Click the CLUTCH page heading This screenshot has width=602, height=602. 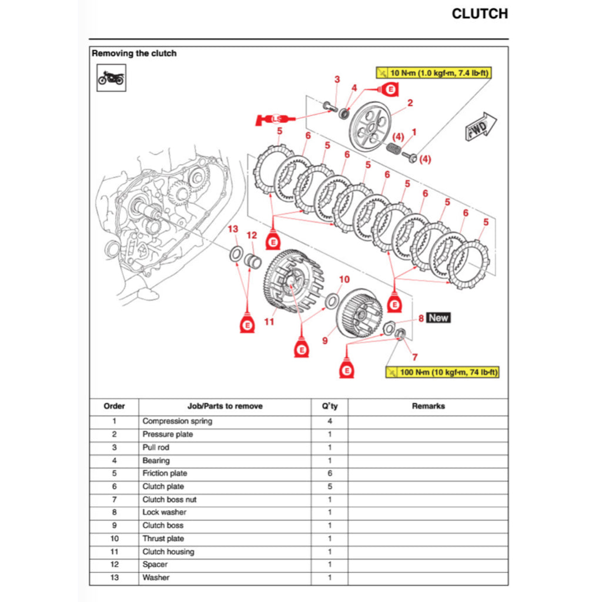pyautogui.click(x=479, y=14)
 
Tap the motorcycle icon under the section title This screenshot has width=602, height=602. pyautogui.click(x=111, y=78)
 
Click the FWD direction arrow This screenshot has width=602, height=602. pyautogui.click(x=481, y=127)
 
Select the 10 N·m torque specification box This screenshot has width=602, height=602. pyautogui.click(x=433, y=73)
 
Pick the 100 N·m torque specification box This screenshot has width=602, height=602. pyautogui.click(x=442, y=372)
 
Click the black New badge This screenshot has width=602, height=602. pyautogui.click(x=439, y=318)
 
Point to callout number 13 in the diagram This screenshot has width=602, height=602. pyautogui.click(x=233, y=229)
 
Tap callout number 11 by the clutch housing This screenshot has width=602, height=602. pyautogui.click(x=269, y=322)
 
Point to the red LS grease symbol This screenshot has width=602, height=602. pyautogui.click(x=275, y=119)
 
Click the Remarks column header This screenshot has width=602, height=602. pyautogui.click(x=428, y=406)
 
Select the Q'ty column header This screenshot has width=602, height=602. pyautogui.click(x=329, y=406)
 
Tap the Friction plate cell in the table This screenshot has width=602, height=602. pyautogui.click(x=165, y=473)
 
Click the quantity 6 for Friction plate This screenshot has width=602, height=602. pyautogui.click(x=329, y=473)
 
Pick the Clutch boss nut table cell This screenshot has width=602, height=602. pyautogui.click(x=169, y=500)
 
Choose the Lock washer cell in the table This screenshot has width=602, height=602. pyautogui.click(x=164, y=513)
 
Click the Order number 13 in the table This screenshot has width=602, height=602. pyautogui.click(x=114, y=578)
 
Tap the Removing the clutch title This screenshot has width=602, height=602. pyautogui.click(x=134, y=53)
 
